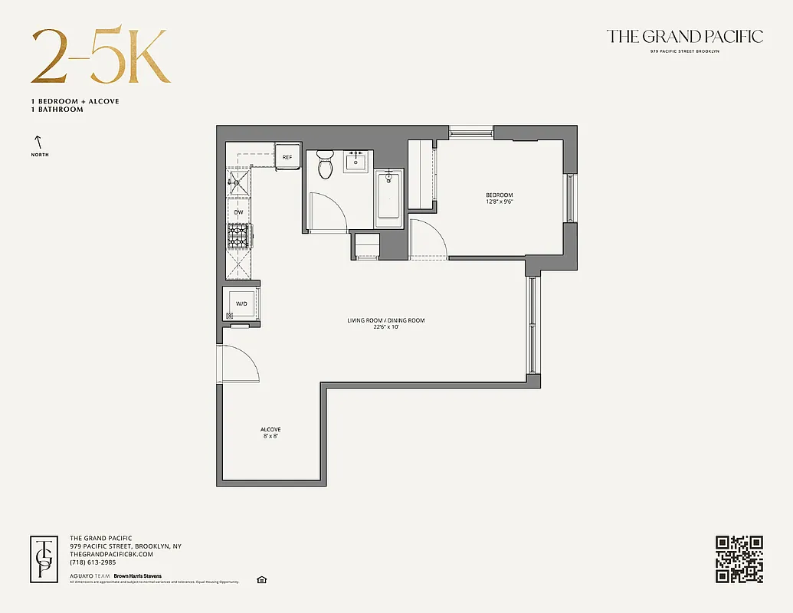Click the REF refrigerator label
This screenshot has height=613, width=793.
[287, 157]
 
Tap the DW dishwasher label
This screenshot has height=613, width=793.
[239, 212]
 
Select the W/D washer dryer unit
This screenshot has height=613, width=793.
[241, 303]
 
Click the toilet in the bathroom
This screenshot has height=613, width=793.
[326, 164]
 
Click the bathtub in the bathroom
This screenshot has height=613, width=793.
[389, 199]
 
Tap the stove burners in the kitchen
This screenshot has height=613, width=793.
[239, 236]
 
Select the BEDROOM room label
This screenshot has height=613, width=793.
[499, 195]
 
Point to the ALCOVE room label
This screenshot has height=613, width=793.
[270, 429]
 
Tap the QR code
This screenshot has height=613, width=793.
[739, 559]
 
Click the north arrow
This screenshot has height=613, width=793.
[37, 142]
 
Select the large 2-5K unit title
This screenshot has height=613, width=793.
[100, 57]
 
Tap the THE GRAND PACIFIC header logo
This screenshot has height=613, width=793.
[684, 37]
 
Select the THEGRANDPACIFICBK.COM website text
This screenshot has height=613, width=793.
[111, 554]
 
